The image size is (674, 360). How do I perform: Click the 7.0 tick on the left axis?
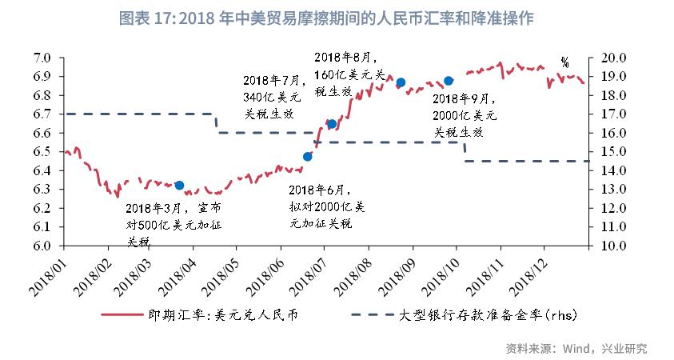pos(42,58)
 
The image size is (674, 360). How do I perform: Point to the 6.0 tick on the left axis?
pos(42,246)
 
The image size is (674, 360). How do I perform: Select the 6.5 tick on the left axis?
pos(42,152)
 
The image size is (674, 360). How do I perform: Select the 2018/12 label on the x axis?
pos(531,274)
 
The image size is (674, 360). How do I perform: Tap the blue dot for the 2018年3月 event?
pos(179,186)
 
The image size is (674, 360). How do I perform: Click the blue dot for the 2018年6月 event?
pos(308,157)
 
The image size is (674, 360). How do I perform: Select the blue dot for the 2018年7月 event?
pos(332,124)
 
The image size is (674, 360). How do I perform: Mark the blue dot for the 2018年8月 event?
pos(401,82)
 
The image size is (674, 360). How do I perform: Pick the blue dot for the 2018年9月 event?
pos(449,81)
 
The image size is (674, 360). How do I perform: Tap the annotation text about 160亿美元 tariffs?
pos(345,74)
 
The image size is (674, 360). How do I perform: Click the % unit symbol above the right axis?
pos(564,62)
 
